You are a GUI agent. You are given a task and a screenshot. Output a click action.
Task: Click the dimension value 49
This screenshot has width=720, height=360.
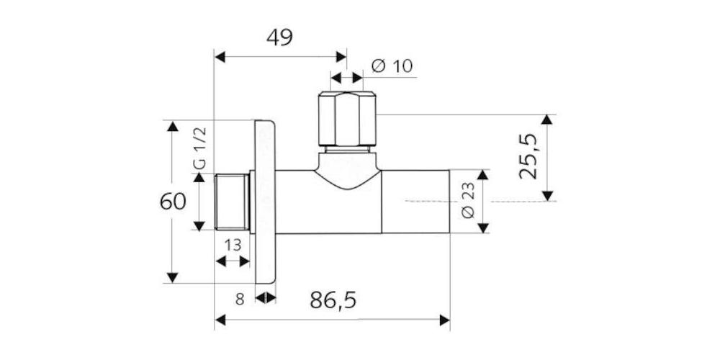point(279,37)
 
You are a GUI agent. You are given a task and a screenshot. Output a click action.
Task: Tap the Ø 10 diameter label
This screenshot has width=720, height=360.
point(392,66)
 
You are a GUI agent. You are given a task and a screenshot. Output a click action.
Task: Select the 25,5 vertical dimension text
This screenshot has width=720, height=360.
point(528,156)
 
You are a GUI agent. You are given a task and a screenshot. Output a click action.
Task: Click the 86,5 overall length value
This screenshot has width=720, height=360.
point(333,300)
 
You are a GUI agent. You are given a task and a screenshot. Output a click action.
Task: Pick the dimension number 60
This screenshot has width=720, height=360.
point(173,202)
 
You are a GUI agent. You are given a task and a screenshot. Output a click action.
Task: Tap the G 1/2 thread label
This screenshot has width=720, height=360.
point(201,148)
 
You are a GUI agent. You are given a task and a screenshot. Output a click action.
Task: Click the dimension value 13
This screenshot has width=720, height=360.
point(233,246)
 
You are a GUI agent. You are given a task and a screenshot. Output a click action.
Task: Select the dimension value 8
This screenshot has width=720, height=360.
point(240,300)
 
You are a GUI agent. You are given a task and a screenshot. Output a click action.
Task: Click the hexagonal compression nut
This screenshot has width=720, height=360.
point(348,119)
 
